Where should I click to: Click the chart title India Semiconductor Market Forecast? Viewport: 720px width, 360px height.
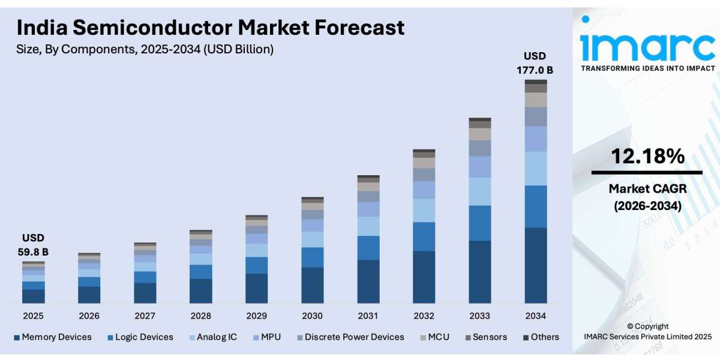[210, 28]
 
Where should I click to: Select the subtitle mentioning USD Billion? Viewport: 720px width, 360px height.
[145, 50]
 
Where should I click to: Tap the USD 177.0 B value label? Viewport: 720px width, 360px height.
[535, 63]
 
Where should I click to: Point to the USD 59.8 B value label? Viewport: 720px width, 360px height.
[33, 245]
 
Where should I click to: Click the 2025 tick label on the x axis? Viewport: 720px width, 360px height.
[33, 316]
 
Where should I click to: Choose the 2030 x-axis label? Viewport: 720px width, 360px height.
[312, 316]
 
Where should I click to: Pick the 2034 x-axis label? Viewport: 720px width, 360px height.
[535, 316]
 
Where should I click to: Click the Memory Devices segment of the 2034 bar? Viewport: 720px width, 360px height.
[535, 265]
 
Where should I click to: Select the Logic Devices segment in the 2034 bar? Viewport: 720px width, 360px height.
[535, 206]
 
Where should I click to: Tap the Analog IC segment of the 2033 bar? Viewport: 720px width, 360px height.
[479, 191]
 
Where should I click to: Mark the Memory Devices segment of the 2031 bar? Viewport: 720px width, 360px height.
[368, 281]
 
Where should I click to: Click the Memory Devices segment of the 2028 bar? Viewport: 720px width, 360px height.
[200, 291]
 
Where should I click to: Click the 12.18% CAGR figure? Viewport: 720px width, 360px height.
[647, 157]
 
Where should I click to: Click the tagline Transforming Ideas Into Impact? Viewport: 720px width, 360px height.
[647, 68]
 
